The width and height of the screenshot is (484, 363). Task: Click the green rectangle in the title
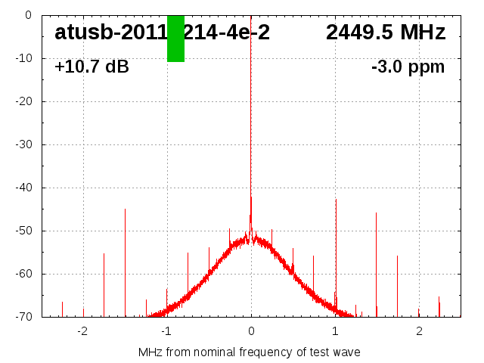[x=175, y=39]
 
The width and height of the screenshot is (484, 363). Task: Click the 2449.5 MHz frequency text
[x=386, y=33]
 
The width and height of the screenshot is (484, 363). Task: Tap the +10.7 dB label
[x=92, y=67]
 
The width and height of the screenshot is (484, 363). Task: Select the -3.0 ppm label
[x=408, y=67]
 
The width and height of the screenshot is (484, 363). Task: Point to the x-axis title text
[x=250, y=352]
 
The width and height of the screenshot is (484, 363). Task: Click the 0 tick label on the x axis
[x=251, y=330]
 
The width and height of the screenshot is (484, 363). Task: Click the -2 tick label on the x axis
[x=82, y=330]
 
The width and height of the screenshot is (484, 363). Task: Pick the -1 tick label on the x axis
[x=166, y=330]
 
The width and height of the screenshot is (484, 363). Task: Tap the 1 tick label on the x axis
[x=335, y=330]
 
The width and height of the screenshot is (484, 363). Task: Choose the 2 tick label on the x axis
[x=419, y=330]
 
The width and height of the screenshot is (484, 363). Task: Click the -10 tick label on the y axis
[x=23, y=58]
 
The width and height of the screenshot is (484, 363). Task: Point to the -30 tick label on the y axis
[x=23, y=144]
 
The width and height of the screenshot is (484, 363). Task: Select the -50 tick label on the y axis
[x=23, y=231]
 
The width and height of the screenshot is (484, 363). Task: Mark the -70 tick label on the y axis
[x=23, y=317]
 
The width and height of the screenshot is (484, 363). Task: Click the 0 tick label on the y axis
[x=27, y=15]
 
